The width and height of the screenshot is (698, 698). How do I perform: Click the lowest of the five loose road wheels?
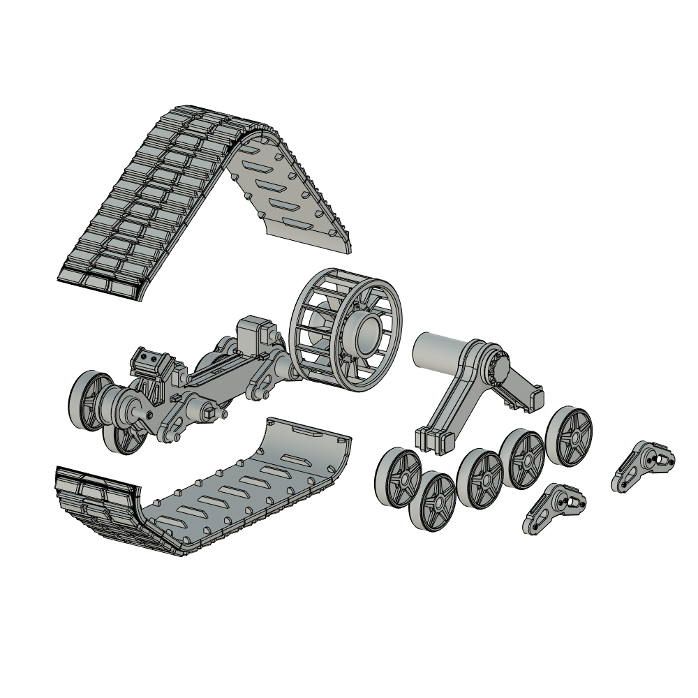pyautogui.click(x=438, y=501)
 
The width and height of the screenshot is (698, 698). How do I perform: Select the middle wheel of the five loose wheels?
pyautogui.click(x=480, y=479)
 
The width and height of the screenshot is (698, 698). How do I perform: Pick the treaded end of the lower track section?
pyautogui.click(x=91, y=496)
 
